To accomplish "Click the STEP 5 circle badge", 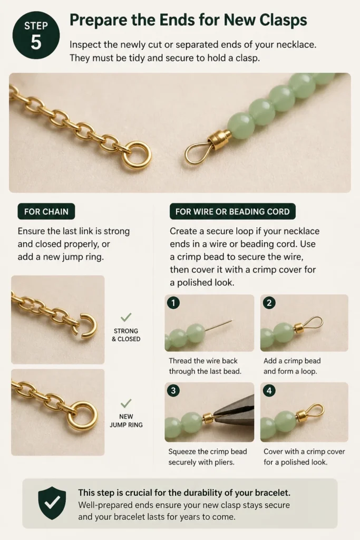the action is (36, 35).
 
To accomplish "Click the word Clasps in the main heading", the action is (283, 21).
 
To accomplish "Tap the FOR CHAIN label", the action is (46, 211).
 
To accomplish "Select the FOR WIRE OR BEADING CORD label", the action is (232, 211).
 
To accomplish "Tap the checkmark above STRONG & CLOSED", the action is (126, 317).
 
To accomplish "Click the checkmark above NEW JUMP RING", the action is (126, 402).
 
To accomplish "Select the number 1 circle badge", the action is (173, 303).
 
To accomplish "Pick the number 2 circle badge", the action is (269, 303).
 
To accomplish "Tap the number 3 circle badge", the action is (173, 391).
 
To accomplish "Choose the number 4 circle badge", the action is (269, 391).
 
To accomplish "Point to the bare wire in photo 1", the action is (219, 325).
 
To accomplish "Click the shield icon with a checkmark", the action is (52, 503).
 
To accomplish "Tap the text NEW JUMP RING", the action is (126, 420).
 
